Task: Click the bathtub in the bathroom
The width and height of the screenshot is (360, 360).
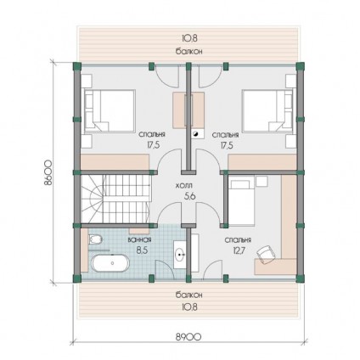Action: click(x=110, y=263)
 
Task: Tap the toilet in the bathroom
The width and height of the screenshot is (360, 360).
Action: click(x=95, y=239)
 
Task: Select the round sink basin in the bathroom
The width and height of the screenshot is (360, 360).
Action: click(x=179, y=255)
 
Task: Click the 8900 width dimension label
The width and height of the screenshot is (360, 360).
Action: click(x=188, y=337)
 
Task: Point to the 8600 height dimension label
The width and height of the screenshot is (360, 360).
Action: click(x=48, y=172)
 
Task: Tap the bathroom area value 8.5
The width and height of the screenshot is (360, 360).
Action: click(x=138, y=250)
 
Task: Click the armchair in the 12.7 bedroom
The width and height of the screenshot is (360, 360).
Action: click(x=266, y=254)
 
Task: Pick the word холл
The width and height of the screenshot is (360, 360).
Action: click(x=184, y=186)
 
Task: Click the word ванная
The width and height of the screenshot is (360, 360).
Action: click(x=139, y=240)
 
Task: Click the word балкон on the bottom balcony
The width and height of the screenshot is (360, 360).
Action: click(x=188, y=295)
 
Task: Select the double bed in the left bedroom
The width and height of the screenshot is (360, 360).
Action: click(x=109, y=111)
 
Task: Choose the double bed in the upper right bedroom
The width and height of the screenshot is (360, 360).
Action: click(x=267, y=111)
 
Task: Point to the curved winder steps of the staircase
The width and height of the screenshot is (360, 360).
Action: click(x=93, y=199)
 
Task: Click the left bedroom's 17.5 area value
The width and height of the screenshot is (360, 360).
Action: click(x=154, y=145)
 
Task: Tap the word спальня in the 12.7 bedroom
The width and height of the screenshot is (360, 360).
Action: click(x=238, y=240)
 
